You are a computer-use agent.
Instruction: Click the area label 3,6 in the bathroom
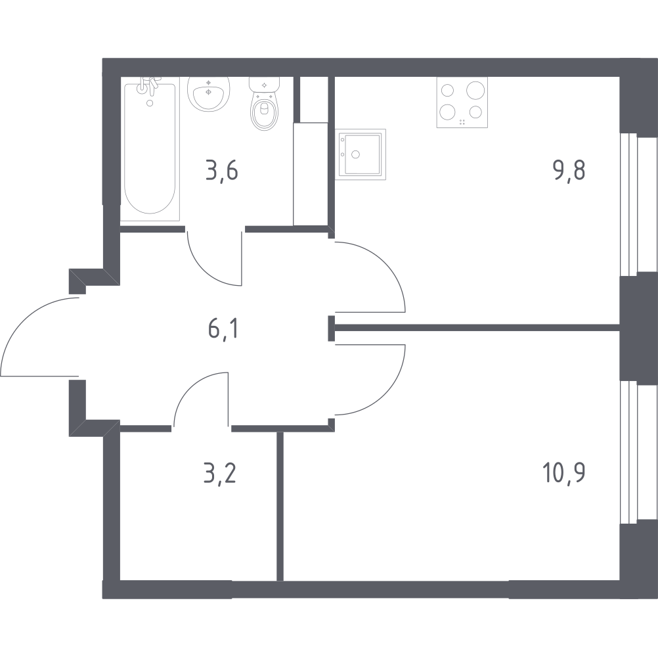click(222, 171)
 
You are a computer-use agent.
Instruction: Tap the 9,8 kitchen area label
click(569, 170)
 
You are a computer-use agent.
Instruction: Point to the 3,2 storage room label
click(220, 474)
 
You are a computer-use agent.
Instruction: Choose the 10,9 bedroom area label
click(564, 473)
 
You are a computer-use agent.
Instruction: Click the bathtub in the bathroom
click(150, 148)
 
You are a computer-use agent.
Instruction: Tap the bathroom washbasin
click(208, 94)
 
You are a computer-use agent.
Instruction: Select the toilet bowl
click(265, 103)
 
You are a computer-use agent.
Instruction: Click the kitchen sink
click(361, 154)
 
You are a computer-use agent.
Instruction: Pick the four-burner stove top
click(462, 102)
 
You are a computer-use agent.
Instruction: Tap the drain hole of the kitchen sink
click(356, 154)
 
